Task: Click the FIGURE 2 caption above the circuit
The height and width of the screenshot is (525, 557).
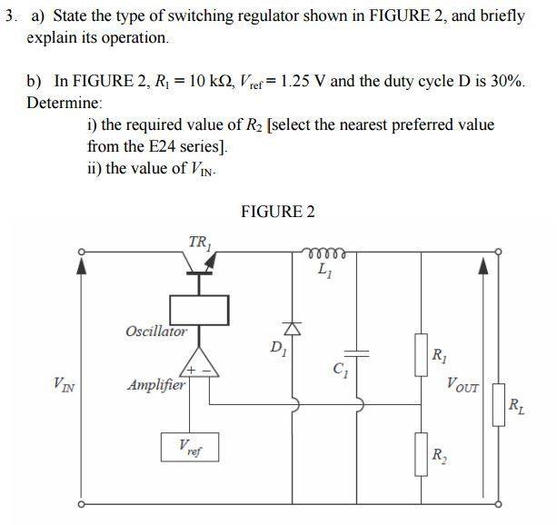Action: point(278,212)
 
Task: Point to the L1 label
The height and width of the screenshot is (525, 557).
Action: point(324,270)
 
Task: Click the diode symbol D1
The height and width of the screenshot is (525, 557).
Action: point(293,328)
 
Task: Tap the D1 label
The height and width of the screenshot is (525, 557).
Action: point(276,347)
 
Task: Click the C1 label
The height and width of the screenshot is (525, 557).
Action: point(342,370)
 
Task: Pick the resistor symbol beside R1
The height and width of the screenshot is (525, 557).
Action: point(421,350)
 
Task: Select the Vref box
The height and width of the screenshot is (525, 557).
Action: point(192,447)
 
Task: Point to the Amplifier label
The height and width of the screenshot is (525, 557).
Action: point(156,385)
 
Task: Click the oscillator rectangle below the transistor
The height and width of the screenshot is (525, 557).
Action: point(199,309)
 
